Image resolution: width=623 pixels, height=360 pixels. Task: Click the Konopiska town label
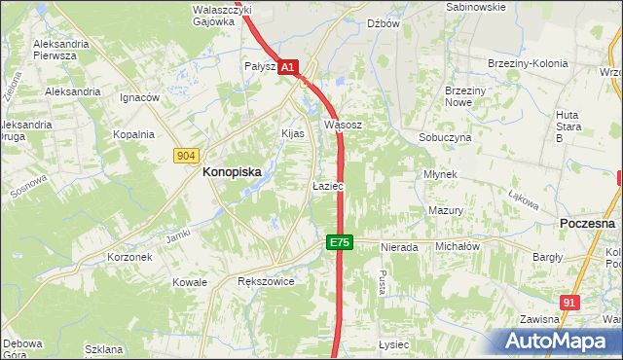coord(231,171)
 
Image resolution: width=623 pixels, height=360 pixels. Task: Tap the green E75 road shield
coord(339,242)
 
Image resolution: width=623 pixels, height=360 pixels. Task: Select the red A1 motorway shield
coord(288,67)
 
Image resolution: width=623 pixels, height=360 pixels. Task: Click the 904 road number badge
coord(188,156)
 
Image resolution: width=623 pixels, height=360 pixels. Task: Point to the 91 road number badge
coord(570,303)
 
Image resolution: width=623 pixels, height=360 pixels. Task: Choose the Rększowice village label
coord(266,281)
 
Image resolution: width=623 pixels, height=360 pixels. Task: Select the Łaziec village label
coord(327,185)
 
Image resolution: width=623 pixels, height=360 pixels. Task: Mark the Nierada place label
coord(399,248)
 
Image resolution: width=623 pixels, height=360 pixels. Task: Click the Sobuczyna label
coord(445,138)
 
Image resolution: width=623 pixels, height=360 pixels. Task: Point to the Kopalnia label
coord(133,135)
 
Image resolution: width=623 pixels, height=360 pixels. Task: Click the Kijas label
coord(293,133)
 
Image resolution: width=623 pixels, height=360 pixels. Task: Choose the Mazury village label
coord(445,210)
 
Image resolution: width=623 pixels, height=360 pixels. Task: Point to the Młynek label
coord(440,174)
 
